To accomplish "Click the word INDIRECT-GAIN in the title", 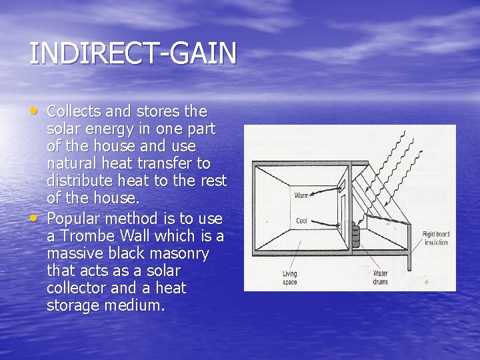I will pos(132,54).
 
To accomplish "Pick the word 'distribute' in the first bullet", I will pos(78,181).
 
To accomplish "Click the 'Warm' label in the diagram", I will pos(301,195).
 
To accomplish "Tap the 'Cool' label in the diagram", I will pos(301,221).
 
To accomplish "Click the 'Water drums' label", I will pos(381,277).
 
